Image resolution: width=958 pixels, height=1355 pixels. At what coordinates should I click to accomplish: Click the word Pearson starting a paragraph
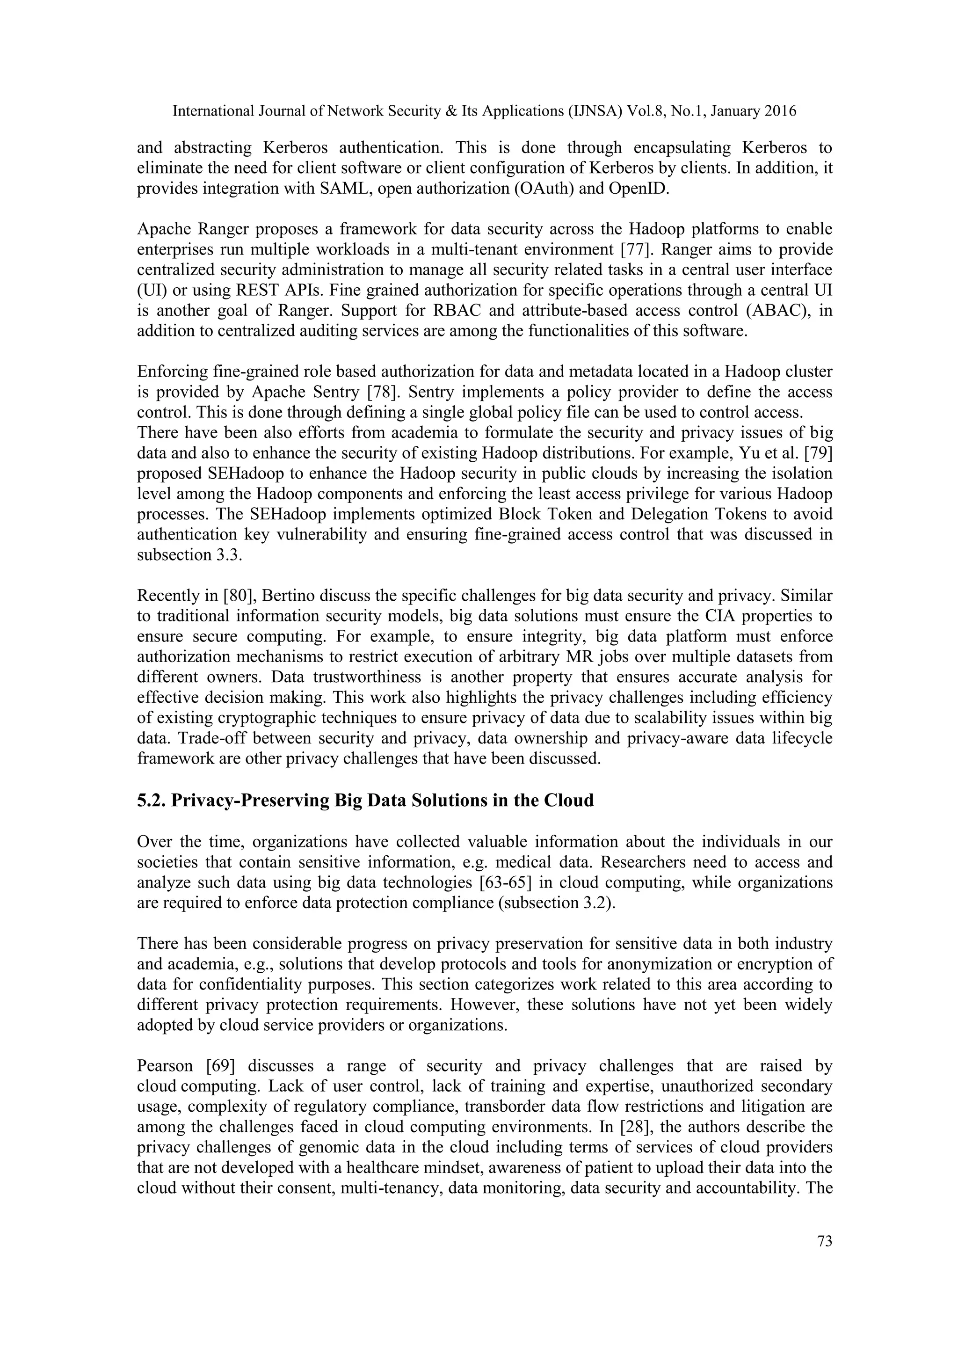click(x=165, y=1066)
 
